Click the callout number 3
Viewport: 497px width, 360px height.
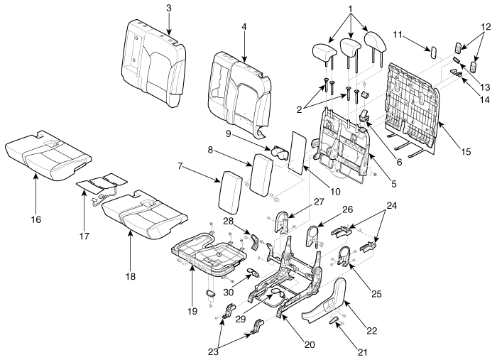pos(169,8)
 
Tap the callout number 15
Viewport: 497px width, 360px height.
pos(466,151)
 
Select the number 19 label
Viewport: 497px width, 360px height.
pos(192,311)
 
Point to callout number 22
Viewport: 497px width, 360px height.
pos(371,331)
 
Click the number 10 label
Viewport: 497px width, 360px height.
pos(335,192)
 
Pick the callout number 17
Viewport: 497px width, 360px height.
pos(84,236)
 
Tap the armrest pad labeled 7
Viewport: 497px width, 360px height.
pos(231,191)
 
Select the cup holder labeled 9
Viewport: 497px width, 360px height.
pos(278,153)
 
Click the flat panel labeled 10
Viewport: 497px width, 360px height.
pos(297,153)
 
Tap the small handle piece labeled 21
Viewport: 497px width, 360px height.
pos(334,320)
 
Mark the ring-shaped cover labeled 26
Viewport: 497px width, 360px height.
pos(312,236)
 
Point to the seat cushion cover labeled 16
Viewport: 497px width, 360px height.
pos(48,156)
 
